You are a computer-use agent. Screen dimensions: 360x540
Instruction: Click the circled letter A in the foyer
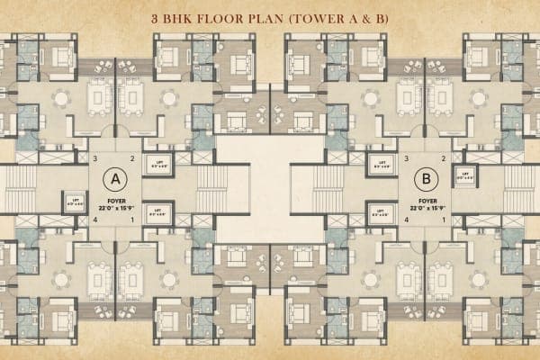[x=115, y=176]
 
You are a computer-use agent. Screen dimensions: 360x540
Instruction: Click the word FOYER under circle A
[x=114, y=201]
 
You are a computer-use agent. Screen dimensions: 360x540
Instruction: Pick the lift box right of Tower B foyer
[x=465, y=176]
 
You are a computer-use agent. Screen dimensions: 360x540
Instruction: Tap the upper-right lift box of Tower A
[x=158, y=166]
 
